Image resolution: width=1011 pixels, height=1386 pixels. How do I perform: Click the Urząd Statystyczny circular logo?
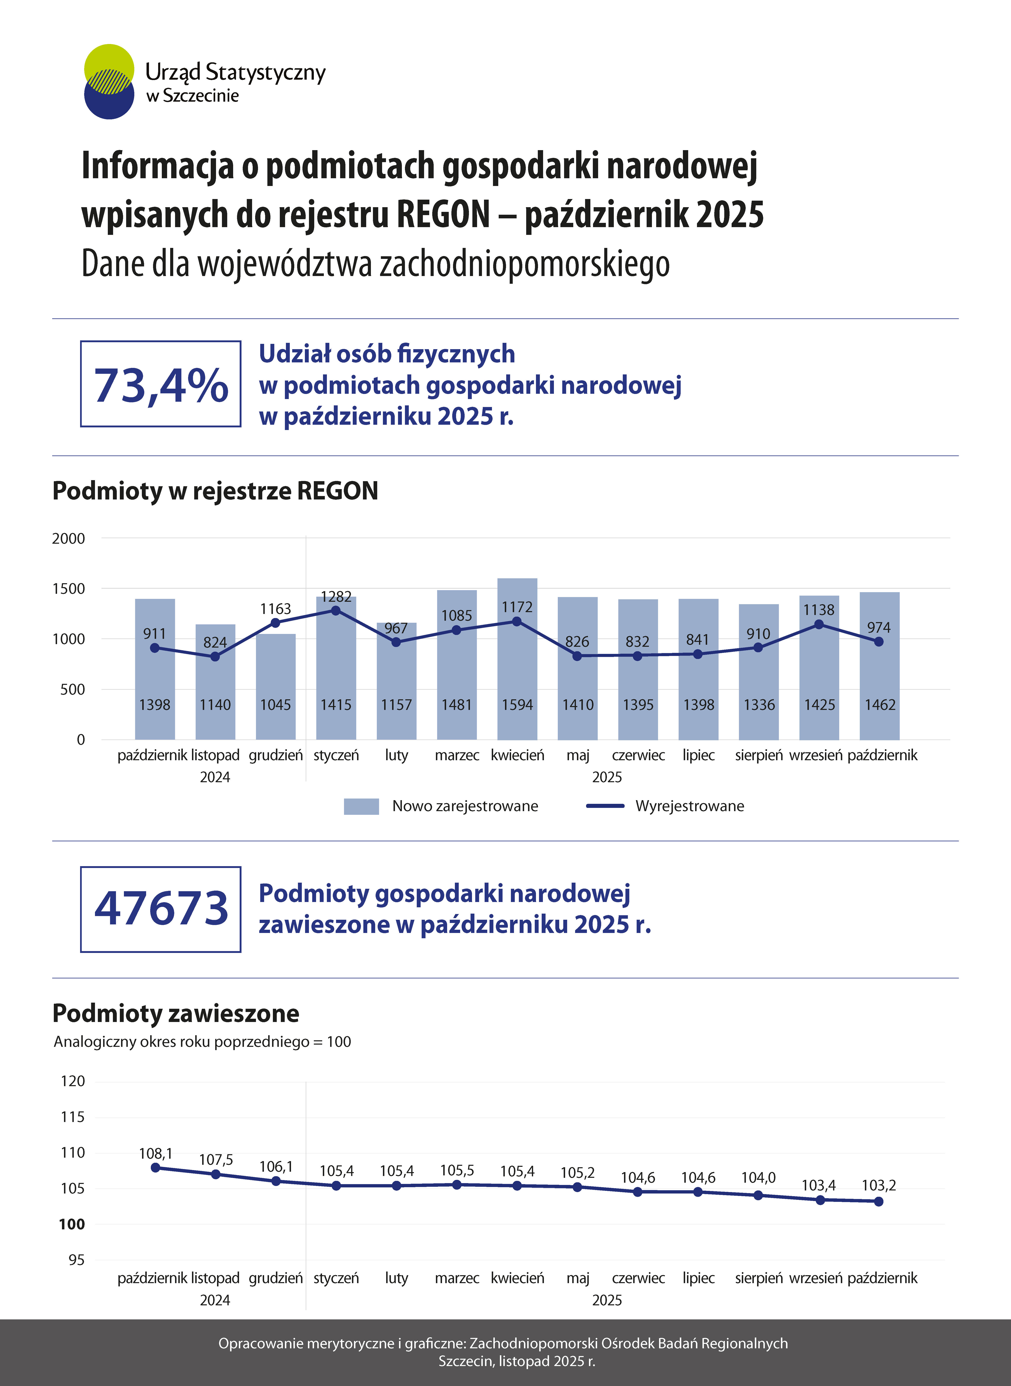click(109, 81)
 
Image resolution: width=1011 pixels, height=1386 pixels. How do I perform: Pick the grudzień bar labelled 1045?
click(275, 688)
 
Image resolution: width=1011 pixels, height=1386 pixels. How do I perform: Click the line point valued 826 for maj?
click(577, 656)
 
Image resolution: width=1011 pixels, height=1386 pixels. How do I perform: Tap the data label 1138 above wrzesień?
click(819, 610)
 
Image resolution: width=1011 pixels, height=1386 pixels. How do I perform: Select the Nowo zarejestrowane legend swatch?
click(361, 806)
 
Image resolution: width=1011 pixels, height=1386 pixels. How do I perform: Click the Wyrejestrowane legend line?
click(605, 806)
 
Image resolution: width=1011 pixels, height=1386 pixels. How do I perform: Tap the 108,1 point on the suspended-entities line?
click(155, 1168)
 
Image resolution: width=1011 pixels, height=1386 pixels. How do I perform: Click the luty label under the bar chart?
click(397, 755)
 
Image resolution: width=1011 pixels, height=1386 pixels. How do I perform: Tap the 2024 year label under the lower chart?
click(215, 1300)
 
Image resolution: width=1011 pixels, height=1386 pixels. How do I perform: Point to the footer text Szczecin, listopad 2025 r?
click(517, 1361)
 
